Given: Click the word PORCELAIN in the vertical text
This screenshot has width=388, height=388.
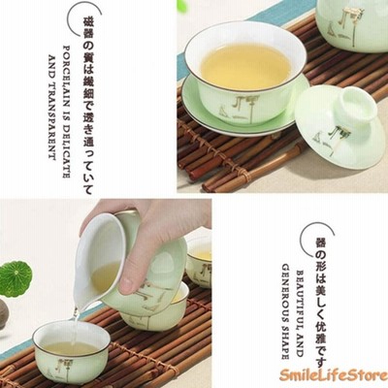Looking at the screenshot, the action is (66, 75).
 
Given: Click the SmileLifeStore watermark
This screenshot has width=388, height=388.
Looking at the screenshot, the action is (334, 376).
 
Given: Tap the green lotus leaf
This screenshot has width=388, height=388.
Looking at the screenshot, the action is (16, 278).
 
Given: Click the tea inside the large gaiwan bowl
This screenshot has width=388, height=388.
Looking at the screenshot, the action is (245, 67).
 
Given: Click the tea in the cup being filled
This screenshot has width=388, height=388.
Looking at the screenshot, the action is (71, 348).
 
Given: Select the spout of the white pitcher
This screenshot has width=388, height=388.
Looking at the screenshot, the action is (77, 305).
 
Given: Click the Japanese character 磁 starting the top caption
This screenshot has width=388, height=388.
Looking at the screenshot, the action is (87, 22).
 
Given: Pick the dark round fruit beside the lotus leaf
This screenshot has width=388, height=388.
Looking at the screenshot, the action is (3, 313).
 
